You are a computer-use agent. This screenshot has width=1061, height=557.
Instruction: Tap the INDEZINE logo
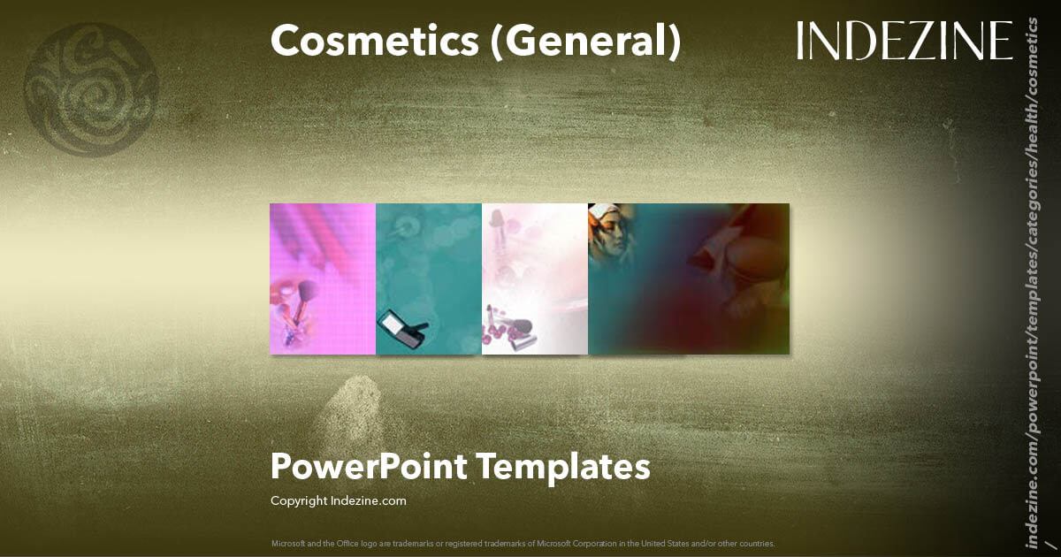tap(904, 41)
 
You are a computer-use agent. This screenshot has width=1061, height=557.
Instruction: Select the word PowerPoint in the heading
tap(370, 467)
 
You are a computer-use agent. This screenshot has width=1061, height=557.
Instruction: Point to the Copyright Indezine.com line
tap(338, 500)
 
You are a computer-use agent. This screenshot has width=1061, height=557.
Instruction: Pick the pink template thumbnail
tap(323, 278)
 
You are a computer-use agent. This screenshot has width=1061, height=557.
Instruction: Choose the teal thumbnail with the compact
tap(429, 278)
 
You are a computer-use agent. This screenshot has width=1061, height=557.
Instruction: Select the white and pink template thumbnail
tap(535, 278)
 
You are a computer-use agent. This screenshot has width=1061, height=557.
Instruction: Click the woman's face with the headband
tap(608, 232)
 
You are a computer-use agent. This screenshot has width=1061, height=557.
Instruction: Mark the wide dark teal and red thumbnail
tap(689, 278)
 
